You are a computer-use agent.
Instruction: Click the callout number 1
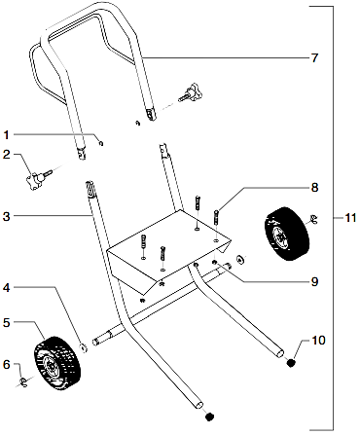tap(7, 134)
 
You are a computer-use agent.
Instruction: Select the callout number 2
tap(7, 155)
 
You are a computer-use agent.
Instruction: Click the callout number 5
tap(7, 322)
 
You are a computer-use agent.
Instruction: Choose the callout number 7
tap(314, 58)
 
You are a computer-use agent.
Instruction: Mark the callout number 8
tap(314, 186)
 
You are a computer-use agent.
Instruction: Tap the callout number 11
tap(350, 217)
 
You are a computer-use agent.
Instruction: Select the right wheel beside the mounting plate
tap(284, 235)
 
